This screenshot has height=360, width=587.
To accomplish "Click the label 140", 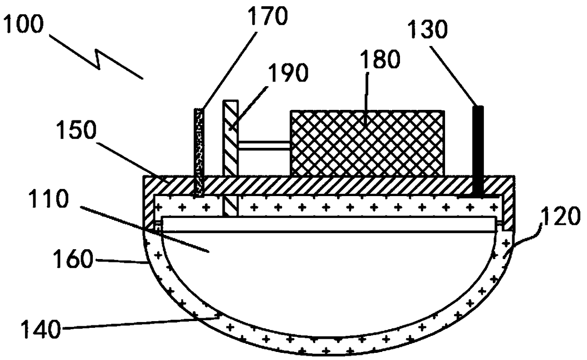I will (x=41, y=329).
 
